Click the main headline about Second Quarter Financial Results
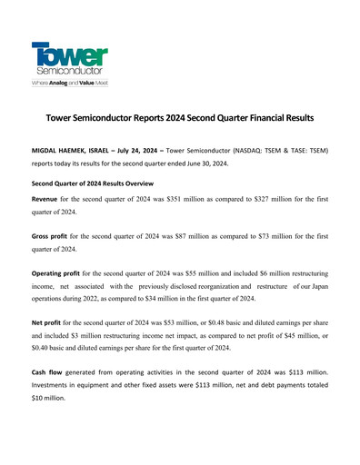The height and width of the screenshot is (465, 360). pos(180,119)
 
